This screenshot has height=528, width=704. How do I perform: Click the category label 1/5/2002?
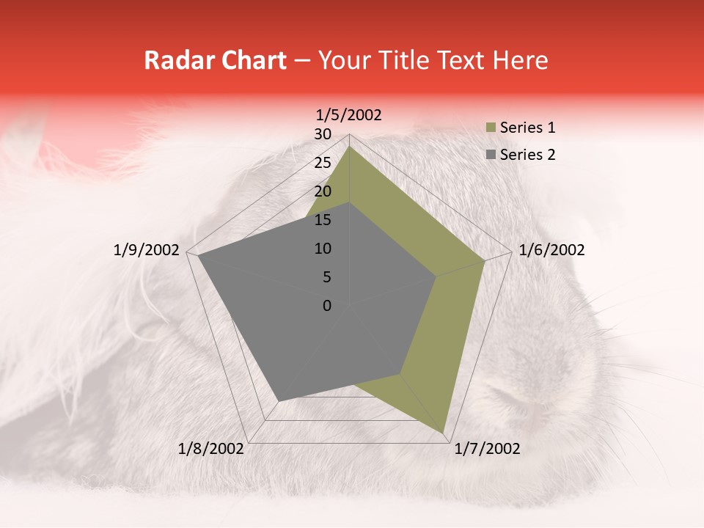pos(349,114)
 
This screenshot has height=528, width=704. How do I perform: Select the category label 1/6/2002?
pos(551,250)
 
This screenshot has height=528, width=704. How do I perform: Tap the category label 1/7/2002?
pos(487,449)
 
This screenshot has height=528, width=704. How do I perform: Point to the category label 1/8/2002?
pos(211,449)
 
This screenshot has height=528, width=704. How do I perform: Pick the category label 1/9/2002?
pos(147,250)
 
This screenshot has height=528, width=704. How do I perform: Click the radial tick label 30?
pos(323,134)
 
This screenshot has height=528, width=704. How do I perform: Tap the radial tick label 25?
pos(323,163)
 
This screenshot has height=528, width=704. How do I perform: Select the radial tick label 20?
pos(323,191)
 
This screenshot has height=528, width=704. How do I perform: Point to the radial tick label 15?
pos(323,220)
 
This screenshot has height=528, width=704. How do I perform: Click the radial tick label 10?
pos(323,249)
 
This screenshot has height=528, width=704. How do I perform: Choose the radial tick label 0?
pos(327,306)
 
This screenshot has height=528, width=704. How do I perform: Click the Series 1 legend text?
pos(527,128)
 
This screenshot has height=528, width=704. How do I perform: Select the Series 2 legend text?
pos(527,155)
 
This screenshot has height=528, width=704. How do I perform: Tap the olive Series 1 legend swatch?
pos(491,128)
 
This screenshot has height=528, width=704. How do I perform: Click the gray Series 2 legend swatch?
pos(491,155)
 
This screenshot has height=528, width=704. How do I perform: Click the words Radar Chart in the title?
pos(215,60)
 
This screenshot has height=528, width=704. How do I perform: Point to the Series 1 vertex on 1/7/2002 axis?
pos(444,433)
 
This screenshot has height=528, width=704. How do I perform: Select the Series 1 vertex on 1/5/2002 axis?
pos(350,147)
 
